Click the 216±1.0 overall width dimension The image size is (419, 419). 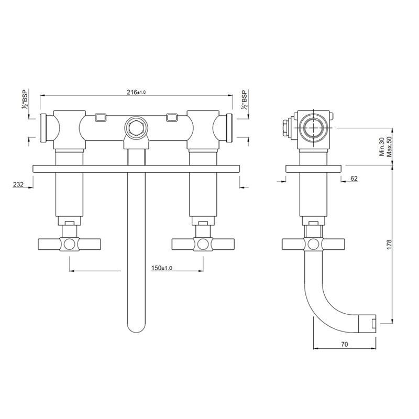point(136,92)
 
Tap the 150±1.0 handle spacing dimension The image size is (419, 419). point(162,268)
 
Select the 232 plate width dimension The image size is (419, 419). point(18,184)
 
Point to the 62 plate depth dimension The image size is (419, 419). point(354,178)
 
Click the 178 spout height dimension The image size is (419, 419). point(389,245)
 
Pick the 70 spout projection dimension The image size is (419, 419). point(345,344)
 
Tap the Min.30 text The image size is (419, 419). point(382,147)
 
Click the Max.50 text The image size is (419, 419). point(389,147)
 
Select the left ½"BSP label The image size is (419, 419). point(25,99)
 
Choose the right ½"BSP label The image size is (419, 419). point(244,100)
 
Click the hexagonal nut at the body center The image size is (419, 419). point(136,128)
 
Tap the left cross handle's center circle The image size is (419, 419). point(70,244)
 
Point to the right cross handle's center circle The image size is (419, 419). point(203,244)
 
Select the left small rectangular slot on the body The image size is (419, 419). point(101,117)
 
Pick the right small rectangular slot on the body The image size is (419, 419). point(172,117)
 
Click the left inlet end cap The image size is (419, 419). point(43,128)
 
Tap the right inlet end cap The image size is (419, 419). point(229,128)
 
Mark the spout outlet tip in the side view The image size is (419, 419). point(367,324)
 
